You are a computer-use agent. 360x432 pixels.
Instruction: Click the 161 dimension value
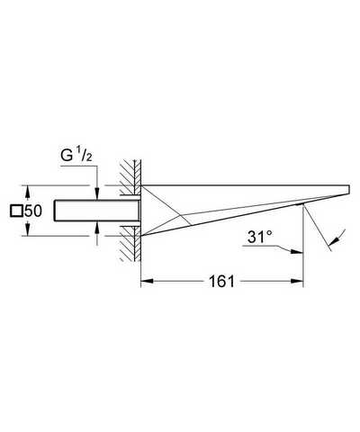pos(221,282)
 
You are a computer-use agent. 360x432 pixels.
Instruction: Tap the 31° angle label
pos(260,237)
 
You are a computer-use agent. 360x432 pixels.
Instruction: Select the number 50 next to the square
pos(33,211)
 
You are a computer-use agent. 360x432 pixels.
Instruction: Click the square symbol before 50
pos(16,211)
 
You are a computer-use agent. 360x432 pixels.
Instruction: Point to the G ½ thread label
pos(76,156)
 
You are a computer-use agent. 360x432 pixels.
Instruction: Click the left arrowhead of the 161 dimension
pos(148,281)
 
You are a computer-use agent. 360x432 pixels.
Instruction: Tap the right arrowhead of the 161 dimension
pos(297,281)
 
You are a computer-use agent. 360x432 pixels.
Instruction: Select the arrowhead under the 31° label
pos(296,251)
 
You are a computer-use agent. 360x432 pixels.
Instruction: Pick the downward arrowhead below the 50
pos(27,229)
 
